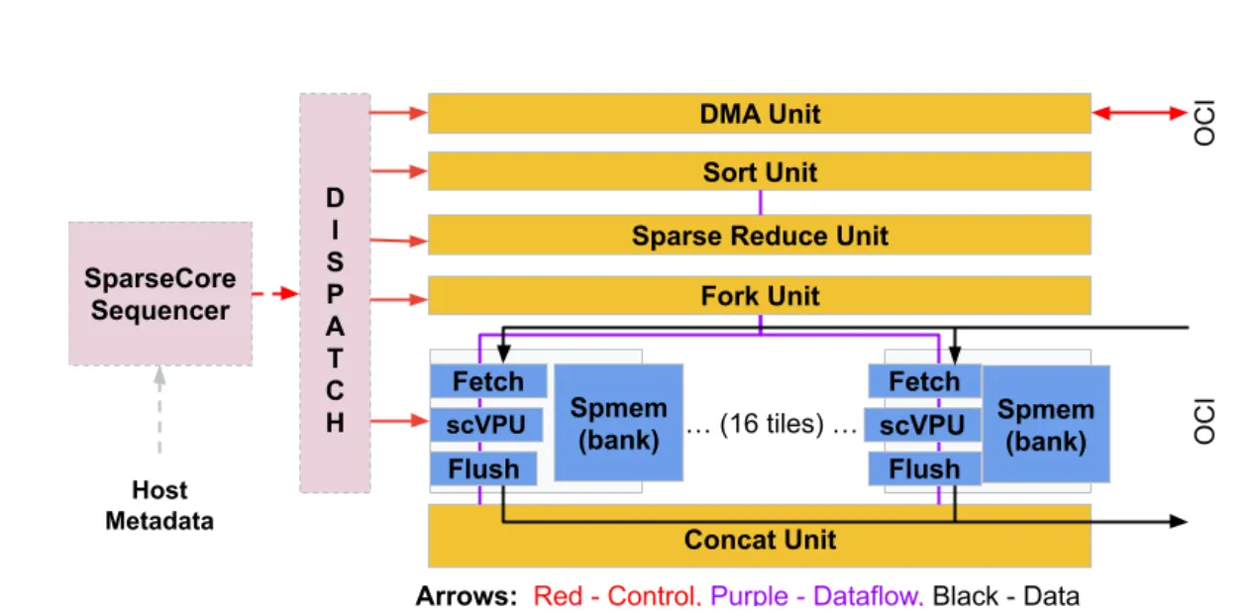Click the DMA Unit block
pos(759,113)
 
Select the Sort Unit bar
pos(759,171)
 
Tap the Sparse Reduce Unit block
pos(759,236)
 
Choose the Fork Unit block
pos(759,295)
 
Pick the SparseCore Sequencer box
pos(159,293)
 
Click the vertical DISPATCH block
pos(335,293)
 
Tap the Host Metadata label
pos(159,505)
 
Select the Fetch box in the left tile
pos(488,381)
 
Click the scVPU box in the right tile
pos(923,426)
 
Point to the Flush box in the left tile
pos(483,468)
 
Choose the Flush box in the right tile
pos(923,468)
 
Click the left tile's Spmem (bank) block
pos(618,423)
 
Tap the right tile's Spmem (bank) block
pos(1045,424)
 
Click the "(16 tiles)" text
pos(772,425)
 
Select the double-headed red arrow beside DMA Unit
pos(1138,114)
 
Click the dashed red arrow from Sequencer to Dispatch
pos(275,293)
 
